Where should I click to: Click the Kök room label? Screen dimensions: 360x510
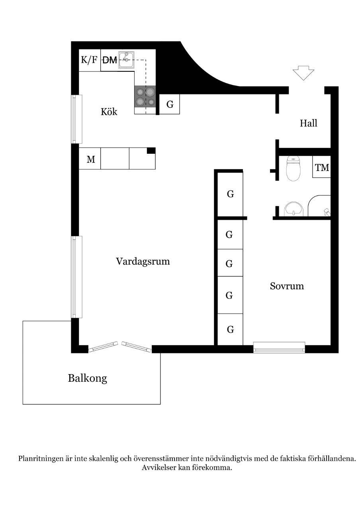pos(109,112)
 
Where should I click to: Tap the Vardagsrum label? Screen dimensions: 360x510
pos(143,262)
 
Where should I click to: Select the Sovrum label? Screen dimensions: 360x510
pos(287,286)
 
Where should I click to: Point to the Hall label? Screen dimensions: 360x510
pos(308,123)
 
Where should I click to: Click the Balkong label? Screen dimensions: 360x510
pos(87,379)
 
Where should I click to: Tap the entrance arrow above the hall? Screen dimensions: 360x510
pos(303,73)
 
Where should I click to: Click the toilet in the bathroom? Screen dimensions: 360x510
pos(293,169)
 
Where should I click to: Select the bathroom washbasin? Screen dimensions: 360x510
pos(294,209)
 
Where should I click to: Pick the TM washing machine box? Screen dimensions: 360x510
pos(321,167)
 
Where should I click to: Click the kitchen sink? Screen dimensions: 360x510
pos(126,60)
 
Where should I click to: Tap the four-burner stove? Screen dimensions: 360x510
pos(145,96)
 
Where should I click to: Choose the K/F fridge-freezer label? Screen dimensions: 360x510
pos(89,60)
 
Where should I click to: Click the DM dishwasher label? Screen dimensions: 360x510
pos(110,60)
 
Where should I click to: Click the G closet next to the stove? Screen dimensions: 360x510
pos(169,104)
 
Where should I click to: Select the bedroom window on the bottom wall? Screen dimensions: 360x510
pos(279,347)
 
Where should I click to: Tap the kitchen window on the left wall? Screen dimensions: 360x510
pos(77,119)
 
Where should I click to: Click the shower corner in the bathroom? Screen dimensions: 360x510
pos(319,206)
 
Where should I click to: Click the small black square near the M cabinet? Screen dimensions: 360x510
pos(151,151)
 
